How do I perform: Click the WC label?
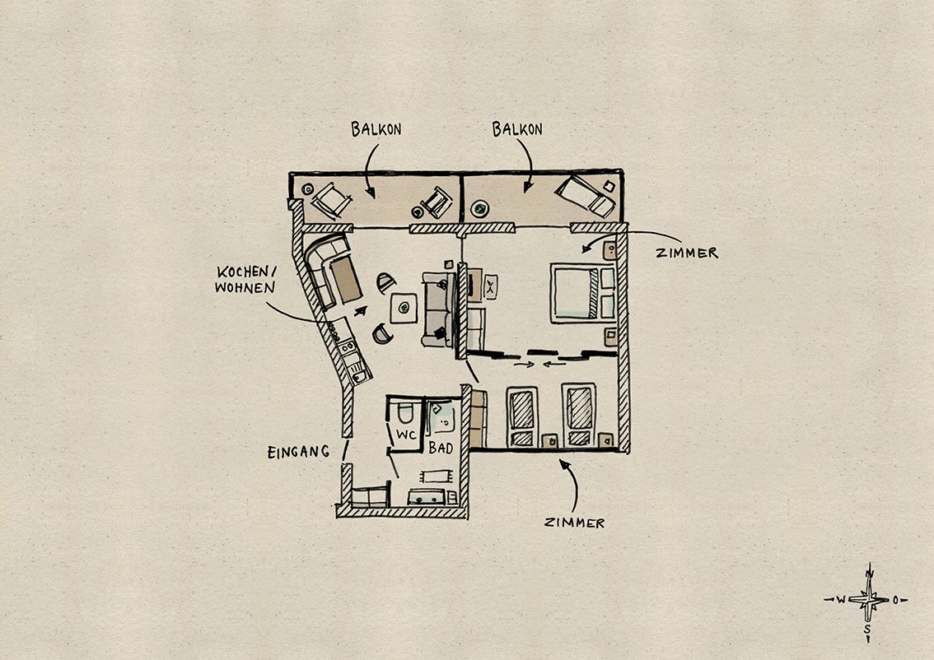(x=406, y=435)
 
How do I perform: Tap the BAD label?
(x=441, y=449)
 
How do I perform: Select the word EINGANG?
(x=298, y=453)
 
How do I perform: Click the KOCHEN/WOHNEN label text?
(x=246, y=280)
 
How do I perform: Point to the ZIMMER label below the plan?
(x=574, y=523)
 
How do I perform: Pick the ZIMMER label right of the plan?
(x=687, y=253)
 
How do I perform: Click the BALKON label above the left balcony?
(x=376, y=129)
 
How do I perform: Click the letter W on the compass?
(x=840, y=600)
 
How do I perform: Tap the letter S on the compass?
(x=868, y=629)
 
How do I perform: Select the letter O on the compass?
(x=895, y=600)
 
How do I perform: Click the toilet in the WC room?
(x=405, y=411)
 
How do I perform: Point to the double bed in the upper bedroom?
(x=583, y=295)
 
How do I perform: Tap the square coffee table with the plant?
(x=404, y=308)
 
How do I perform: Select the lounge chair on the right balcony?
(x=585, y=196)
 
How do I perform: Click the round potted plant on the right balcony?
(x=479, y=208)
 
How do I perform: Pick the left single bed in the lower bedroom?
(x=522, y=416)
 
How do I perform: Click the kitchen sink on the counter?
(x=358, y=374)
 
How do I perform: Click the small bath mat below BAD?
(x=436, y=476)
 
